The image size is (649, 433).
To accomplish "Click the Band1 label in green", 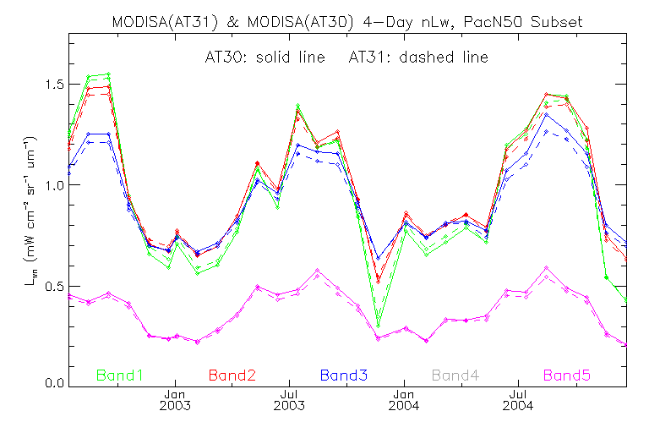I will click(x=121, y=375).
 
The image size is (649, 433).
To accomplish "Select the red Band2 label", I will click(x=232, y=375).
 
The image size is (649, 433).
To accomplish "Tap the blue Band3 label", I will click(x=343, y=375).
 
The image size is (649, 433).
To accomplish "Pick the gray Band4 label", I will click(x=455, y=375).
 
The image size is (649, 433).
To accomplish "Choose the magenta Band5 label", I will click(x=567, y=375).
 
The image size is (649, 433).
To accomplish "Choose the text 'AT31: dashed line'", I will click(x=418, y=58).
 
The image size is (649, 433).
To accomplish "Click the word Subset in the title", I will click(x=557, y=21).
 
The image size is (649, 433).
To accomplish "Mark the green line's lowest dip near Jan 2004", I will click(x=379, y=325).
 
